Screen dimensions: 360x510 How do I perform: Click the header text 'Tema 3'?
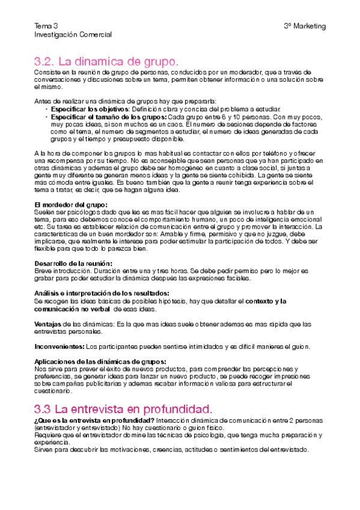coord(46,26)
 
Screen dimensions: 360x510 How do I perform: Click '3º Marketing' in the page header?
coord(305,26)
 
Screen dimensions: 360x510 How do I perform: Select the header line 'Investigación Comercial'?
coord(73,35)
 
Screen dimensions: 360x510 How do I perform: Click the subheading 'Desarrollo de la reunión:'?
coord(73,263)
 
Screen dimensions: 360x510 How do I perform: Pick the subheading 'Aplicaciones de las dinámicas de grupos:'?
coord(100,361)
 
